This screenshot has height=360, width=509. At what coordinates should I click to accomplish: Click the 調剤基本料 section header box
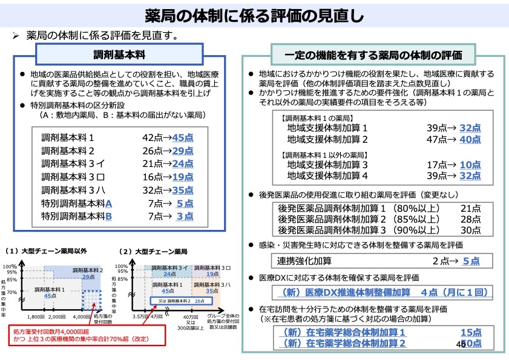tap(119, 54)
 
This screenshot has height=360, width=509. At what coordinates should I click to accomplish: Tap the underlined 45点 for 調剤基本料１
tap(183, 137)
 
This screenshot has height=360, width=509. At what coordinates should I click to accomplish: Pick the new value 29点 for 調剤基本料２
tap(183, 151)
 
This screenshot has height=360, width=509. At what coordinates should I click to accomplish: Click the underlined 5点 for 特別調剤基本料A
tap(185, 203)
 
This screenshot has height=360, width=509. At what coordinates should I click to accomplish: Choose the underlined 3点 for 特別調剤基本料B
tap(185, 216)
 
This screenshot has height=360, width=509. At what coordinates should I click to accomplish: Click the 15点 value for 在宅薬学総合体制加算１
tap(470, 333)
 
